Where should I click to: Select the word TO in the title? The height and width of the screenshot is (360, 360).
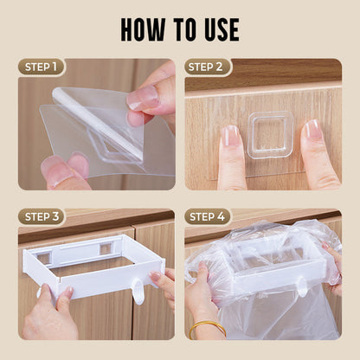coord(176,29)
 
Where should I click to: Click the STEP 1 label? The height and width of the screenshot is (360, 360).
coord(42,67)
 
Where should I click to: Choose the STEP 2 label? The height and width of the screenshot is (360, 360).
coord(208,67)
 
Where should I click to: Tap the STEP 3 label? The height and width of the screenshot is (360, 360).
coord(42,216)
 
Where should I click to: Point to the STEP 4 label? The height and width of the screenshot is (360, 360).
coord(208,216)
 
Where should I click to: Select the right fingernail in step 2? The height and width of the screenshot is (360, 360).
coord(311,131)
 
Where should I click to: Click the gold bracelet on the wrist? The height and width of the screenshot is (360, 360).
coord(208,327)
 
